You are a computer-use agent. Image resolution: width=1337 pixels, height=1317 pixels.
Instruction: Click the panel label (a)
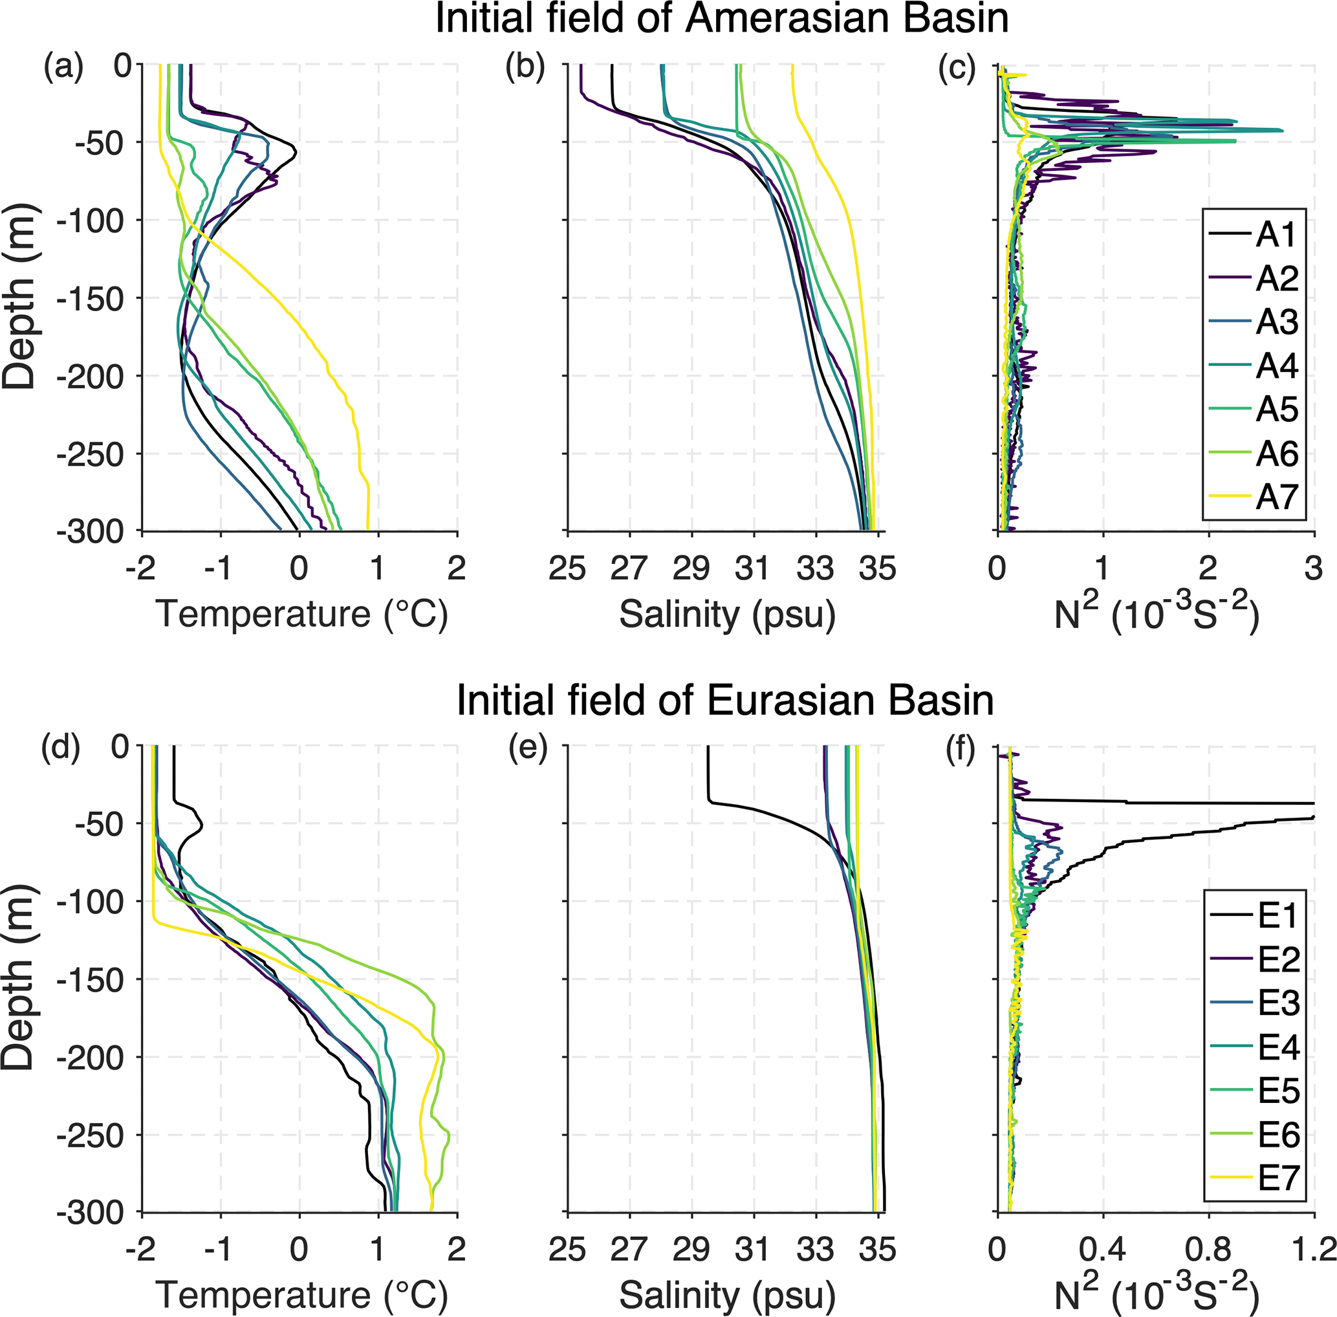pos(63,68)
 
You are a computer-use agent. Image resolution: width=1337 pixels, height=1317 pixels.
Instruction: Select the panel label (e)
pos(528,749)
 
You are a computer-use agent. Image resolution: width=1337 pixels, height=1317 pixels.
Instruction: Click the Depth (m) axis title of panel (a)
pos(19,298)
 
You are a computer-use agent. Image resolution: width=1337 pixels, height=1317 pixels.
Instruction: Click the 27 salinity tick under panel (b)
pos(629,569)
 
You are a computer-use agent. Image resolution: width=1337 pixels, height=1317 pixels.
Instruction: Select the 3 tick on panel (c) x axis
pos(1313,569)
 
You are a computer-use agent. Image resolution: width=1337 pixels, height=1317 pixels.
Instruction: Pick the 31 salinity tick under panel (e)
pos(752,1249)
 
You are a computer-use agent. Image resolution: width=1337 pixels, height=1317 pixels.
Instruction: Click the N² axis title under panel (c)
pos(1156,612)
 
